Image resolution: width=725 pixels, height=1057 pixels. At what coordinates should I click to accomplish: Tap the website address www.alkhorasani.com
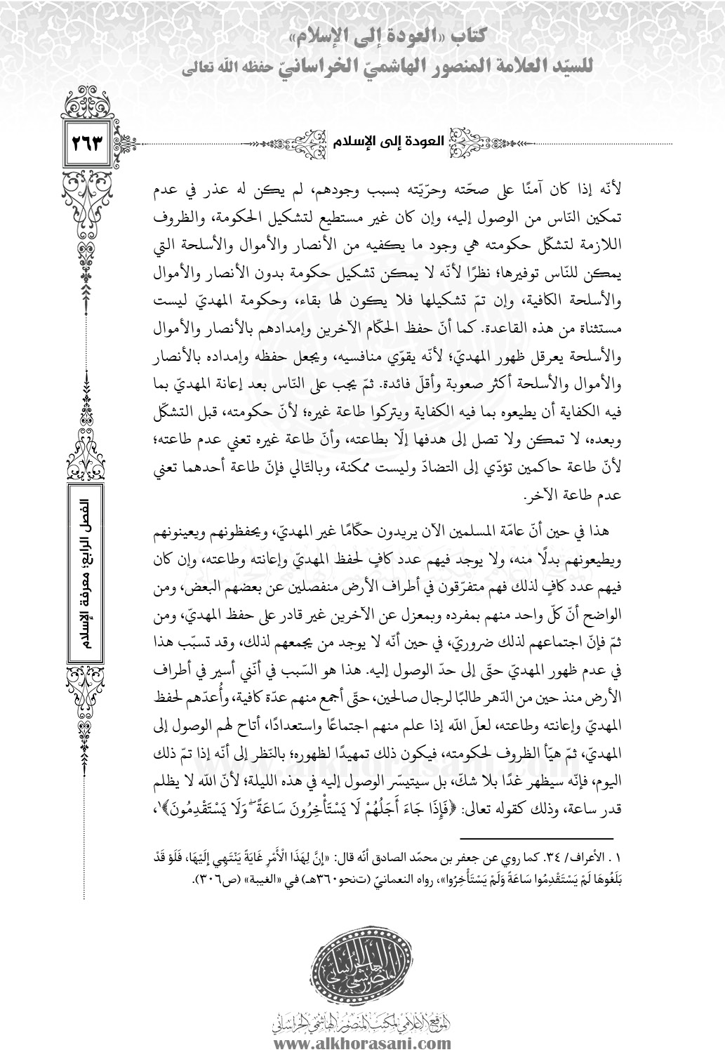click(x=363, y=1042)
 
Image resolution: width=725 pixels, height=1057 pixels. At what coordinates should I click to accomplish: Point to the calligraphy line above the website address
click(x=363, y=1020)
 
